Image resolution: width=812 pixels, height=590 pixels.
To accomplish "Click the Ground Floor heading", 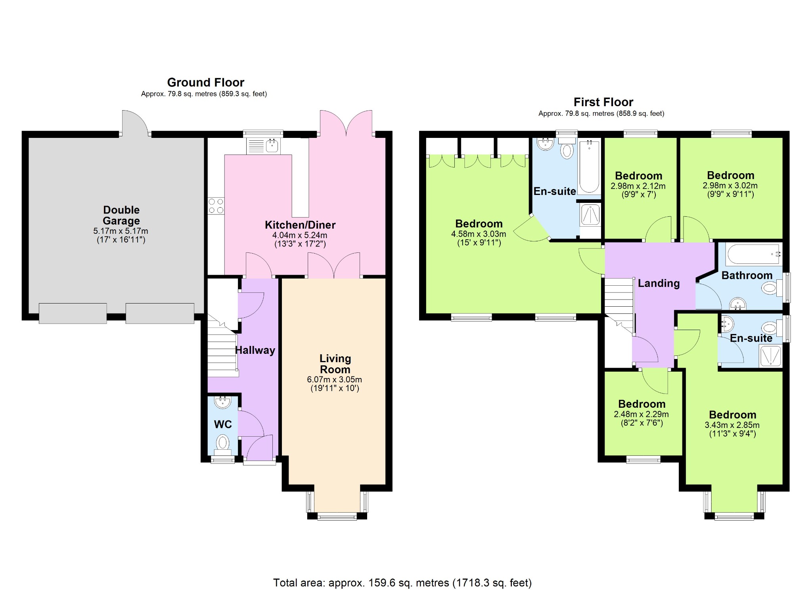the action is tap(205, 82).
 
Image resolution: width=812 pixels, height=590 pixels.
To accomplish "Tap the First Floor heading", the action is tap(603, 102).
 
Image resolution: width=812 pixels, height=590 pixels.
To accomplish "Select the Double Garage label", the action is tap(121, 215).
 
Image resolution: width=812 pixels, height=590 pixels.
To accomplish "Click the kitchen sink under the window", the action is tap(263, 146).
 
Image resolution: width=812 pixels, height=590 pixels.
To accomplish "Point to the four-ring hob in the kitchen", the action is tap(216, 206).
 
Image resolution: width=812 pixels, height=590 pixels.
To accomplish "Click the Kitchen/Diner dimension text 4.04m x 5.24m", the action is tap(300, 235).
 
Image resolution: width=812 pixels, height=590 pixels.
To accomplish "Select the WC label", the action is tap(223, 424).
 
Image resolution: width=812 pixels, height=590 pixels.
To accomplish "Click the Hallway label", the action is tap(255, 350).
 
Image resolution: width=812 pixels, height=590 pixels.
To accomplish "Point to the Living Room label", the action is tap(335, 364).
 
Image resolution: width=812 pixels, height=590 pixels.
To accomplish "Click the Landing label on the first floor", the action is tap(659, 283).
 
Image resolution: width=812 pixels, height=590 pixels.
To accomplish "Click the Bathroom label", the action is tap(747, 275).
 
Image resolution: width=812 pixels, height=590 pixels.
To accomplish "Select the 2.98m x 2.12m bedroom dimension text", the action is tap(638, 186).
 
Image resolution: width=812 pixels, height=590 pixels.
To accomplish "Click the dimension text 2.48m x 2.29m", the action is tap(641, 414).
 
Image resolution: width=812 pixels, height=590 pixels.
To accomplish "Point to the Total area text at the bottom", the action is tap(402, 582).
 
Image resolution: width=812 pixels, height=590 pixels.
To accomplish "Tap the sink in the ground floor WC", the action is tap(222, 402).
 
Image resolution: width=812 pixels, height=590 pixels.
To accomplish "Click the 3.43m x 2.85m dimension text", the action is tap(732, 425).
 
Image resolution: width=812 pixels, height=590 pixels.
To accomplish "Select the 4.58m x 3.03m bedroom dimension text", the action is tap(479, 234).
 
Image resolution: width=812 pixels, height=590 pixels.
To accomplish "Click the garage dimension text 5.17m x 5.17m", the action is tap(121, 231).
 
